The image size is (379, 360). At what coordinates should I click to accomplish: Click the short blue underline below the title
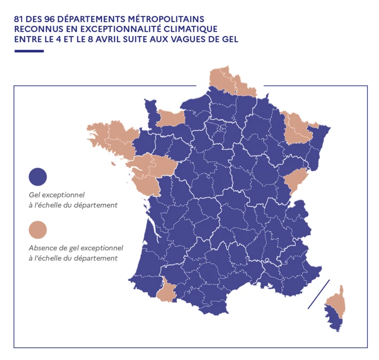tap(29, 51)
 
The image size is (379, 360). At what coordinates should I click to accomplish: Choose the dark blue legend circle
tap(38, 176)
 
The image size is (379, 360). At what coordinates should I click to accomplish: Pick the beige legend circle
tap(38, 230)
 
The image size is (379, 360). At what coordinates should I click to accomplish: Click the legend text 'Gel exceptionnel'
tap(57, 195)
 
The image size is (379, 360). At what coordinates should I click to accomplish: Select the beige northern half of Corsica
tap(337, 301)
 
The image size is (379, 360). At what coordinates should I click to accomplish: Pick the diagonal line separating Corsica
tap(318, 294)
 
